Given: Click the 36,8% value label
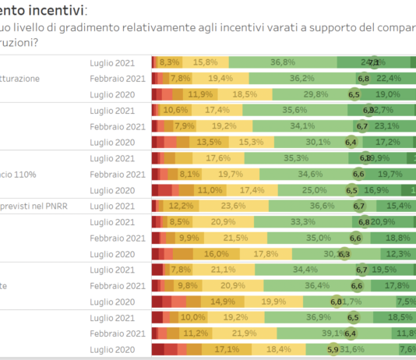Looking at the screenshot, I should coord(283,62).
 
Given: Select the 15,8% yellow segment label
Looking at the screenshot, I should coord(206,62).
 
